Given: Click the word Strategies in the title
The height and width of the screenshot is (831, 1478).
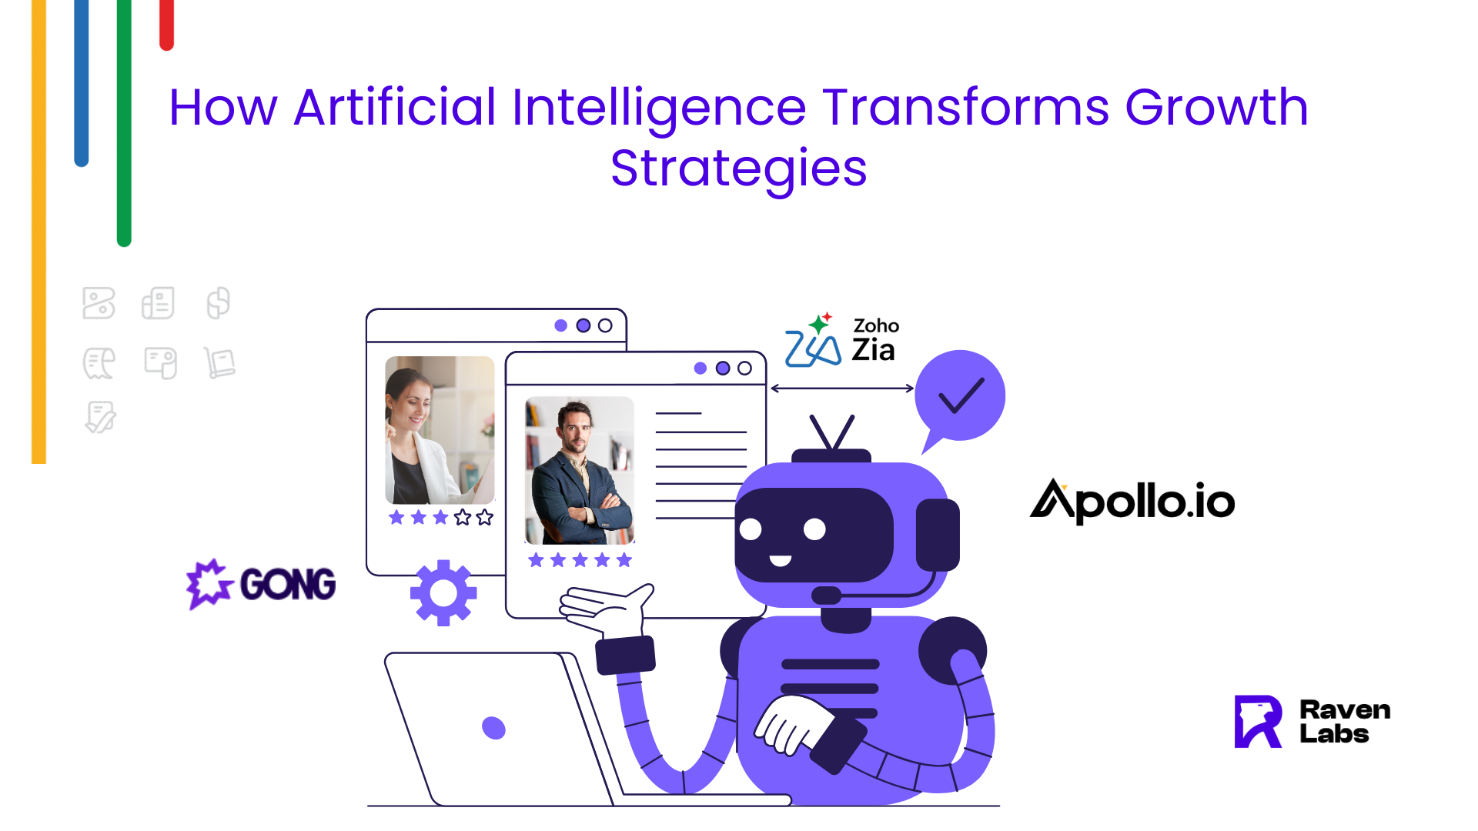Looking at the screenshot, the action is [x=738, y=169].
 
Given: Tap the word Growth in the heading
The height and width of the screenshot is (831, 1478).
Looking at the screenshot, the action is [x=1216, y=107].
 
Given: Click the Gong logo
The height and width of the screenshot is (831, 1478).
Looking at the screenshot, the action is [x=261, y=584].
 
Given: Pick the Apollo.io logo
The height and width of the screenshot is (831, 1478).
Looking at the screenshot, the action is [x=1132, y=502].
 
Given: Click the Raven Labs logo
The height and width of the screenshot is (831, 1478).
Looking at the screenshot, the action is [x=1312, y=722].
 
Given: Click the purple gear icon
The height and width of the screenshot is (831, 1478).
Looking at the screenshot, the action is [x=443, y=592].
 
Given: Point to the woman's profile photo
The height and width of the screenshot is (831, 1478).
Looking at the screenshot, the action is [x=440, y=430].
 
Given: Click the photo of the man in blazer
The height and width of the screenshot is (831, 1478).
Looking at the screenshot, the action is [x=580, y=470].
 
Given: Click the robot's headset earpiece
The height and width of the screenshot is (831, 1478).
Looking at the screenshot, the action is [x=938, y=535].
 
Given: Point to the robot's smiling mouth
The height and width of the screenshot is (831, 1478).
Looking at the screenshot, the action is [x=781, y=560].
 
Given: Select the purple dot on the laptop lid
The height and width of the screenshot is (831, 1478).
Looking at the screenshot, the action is [x=493, y=727].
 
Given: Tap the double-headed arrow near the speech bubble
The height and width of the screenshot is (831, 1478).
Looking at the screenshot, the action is [x=842, y=389].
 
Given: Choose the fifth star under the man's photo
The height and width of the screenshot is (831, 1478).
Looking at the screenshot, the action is [x=624, y=560].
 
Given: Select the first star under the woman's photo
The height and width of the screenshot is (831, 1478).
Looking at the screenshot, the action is [x=396, y=517].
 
